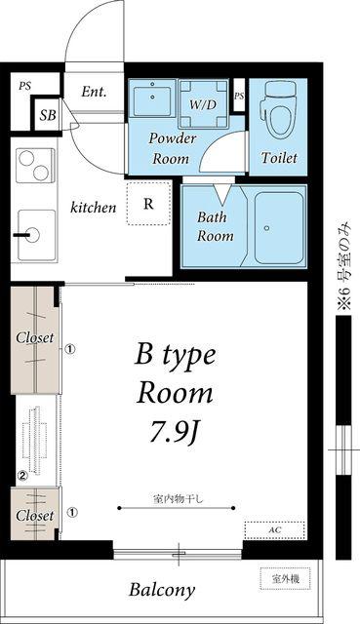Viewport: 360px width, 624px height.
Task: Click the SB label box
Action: click(x=47, y=115)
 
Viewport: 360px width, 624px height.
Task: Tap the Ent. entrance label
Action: click(x=94, y=92)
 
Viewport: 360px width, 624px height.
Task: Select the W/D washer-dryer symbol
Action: click(x=203, y=103)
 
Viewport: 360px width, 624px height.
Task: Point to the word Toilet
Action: click(x=279, y=158)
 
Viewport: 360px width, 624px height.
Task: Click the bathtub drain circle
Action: click(x=266, y=228)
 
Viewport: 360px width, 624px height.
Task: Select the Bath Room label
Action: click(x=216, y=226)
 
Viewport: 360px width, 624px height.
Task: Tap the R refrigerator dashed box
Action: click(x=148, y=204)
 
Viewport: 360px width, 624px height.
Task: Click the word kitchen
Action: click(x=94, y=208)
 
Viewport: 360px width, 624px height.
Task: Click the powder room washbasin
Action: click(x=152, y=97)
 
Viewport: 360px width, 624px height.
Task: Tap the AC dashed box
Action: click(x=275, y=530)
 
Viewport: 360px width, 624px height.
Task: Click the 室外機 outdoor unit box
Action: click(x=285, y=578)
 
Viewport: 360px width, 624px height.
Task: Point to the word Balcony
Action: click(x=162, y=590)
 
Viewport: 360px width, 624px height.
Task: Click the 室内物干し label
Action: click(x=178, y=498)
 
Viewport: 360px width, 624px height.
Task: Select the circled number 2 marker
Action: click(x=22, y=475)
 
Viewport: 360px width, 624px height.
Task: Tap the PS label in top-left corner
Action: click(x=24, y=86)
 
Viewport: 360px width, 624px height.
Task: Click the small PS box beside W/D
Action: click(x=239, y=96)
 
